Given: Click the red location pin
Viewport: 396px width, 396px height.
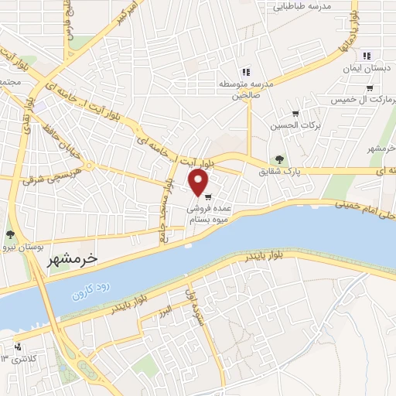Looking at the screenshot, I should pyautogui.click(x=199, y=183).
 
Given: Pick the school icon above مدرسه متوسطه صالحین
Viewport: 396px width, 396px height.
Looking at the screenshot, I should pyautogui.click(x=246, y=72).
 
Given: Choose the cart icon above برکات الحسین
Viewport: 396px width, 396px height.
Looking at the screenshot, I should pyautogui.click(x=295, y=112).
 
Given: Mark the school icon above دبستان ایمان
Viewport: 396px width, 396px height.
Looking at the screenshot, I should pyautogui.click(x=367, y=55).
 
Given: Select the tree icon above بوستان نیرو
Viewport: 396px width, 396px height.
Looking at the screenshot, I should pyautogui.click(x=10, y=234).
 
